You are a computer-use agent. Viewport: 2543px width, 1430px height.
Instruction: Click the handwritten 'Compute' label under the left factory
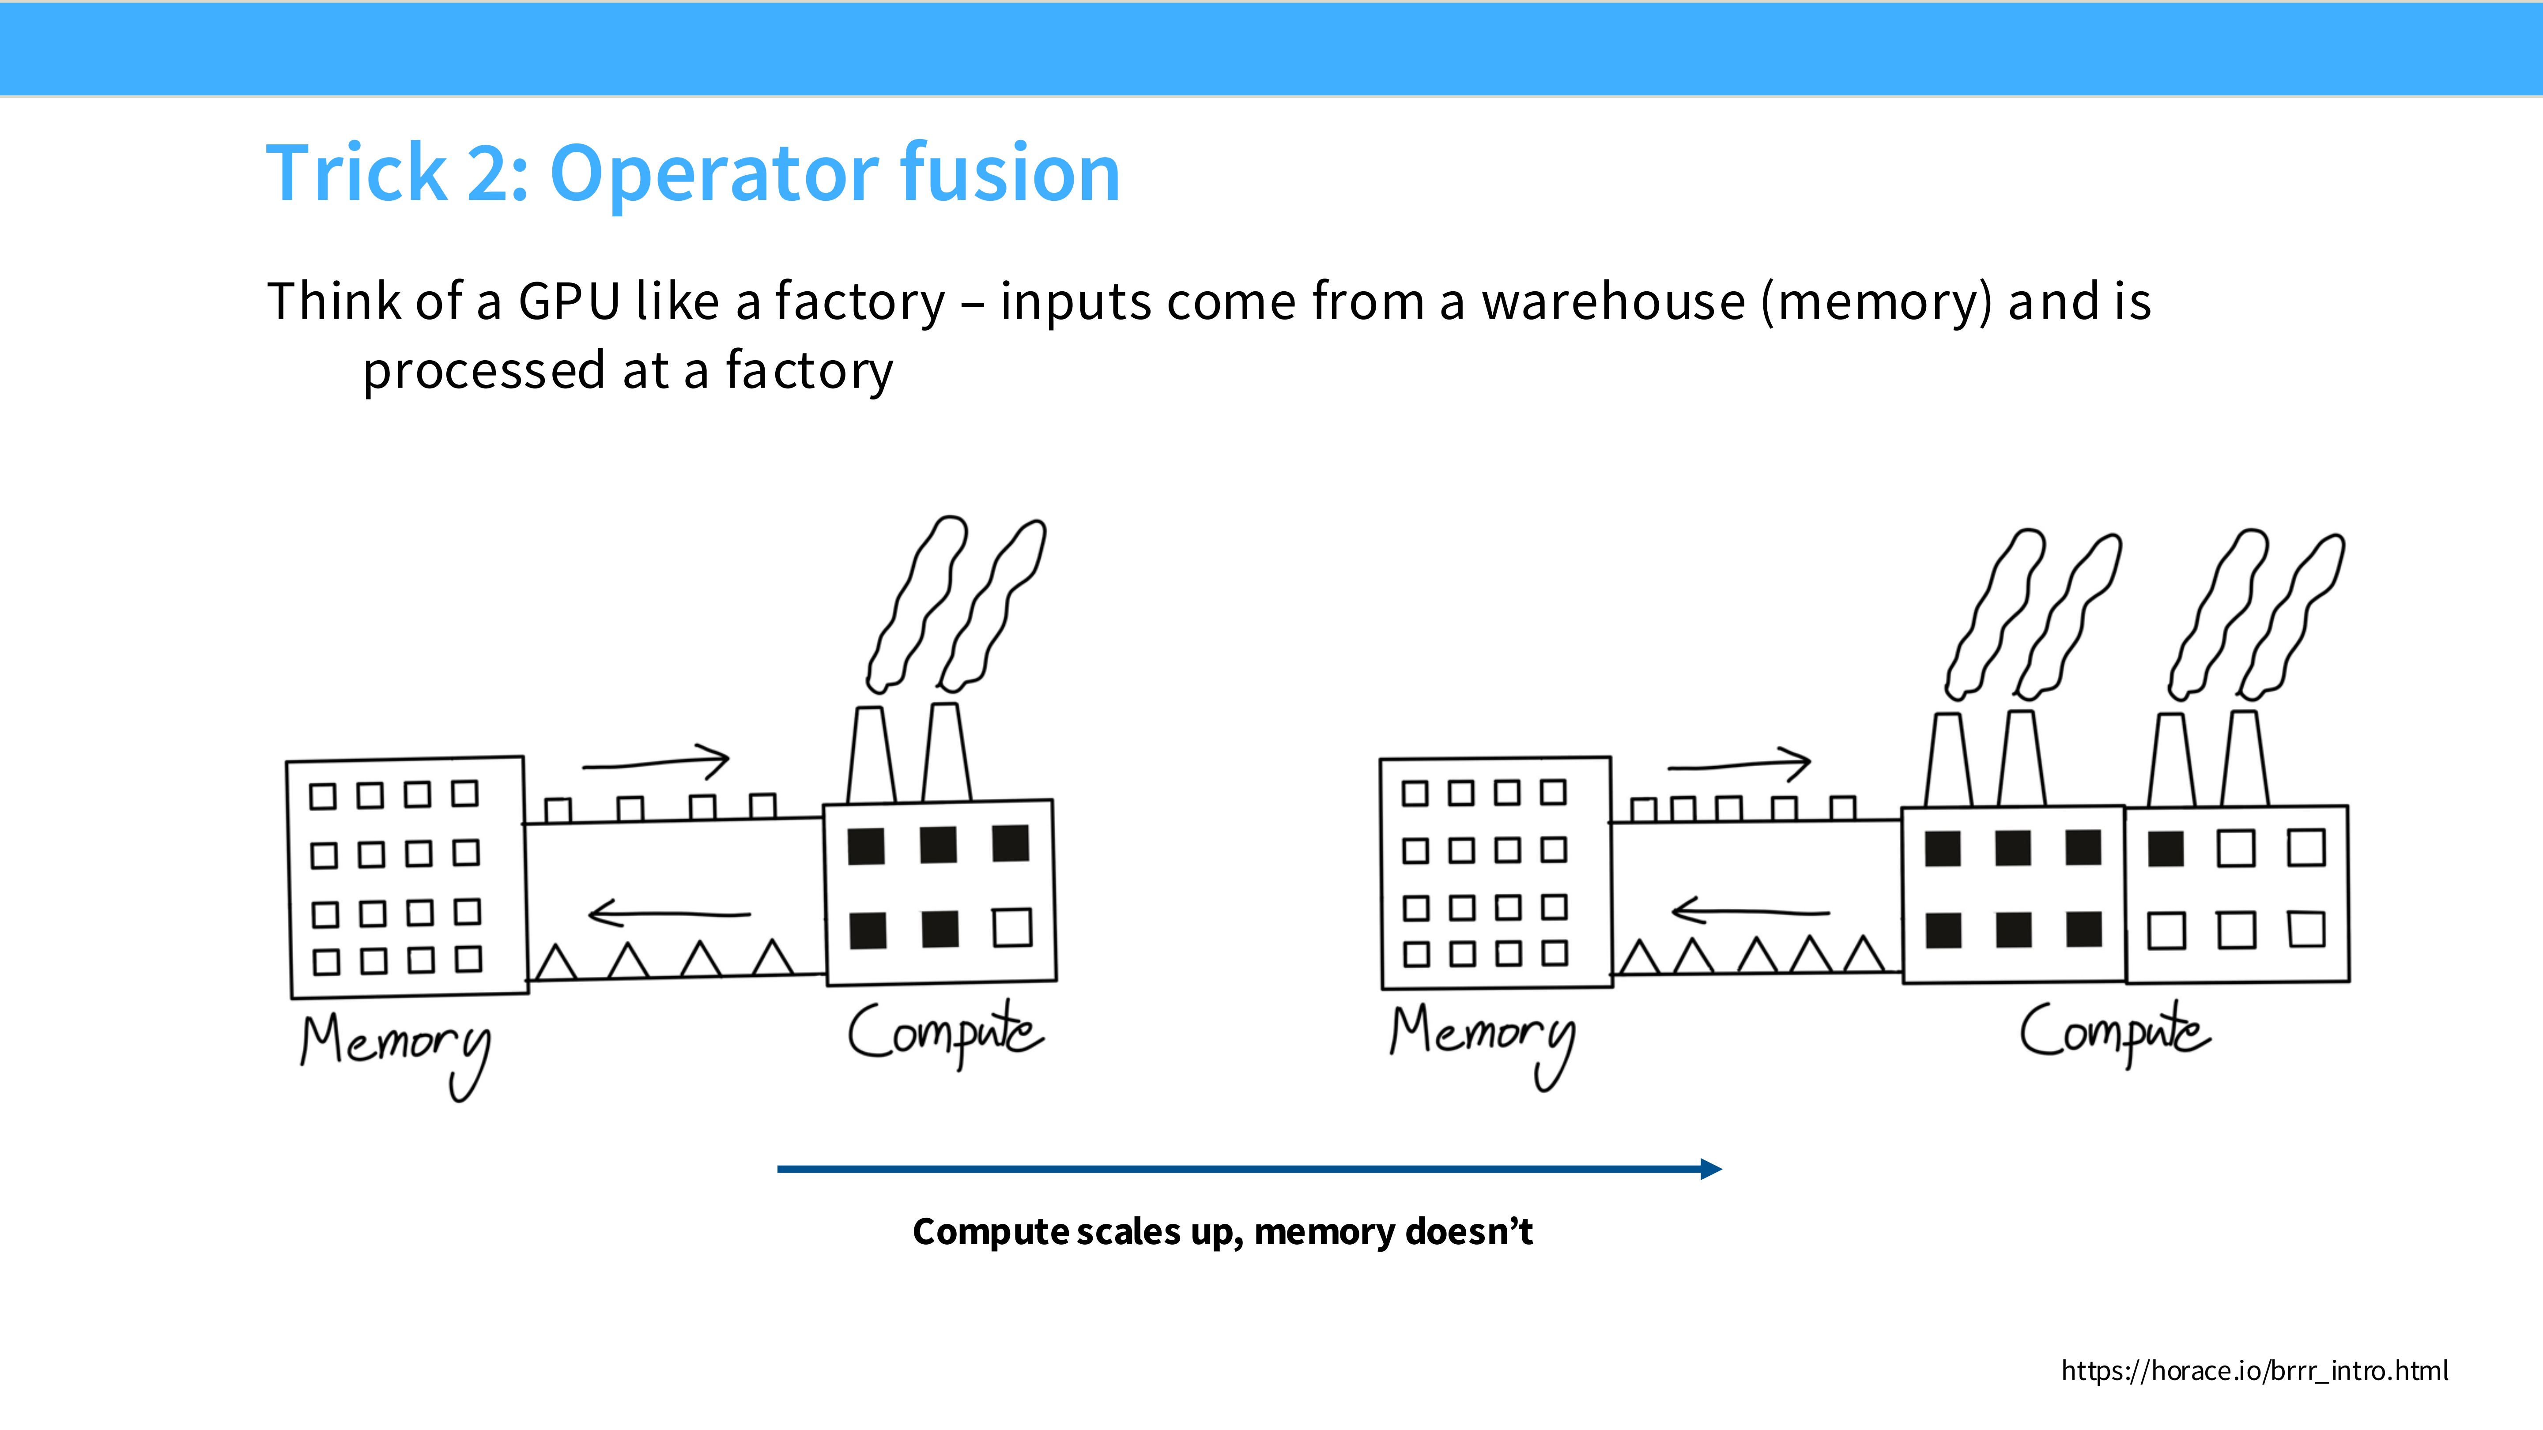[945, 1031]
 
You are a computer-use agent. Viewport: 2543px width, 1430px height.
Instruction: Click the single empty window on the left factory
[1012, 928]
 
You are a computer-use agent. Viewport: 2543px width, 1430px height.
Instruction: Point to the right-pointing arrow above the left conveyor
[657, 762]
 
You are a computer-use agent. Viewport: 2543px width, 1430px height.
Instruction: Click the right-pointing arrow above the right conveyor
[1739, 765]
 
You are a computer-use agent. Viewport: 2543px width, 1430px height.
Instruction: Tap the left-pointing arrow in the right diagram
[1749, 910]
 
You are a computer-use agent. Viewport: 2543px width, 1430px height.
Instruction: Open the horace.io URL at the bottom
[2254, 1371]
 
